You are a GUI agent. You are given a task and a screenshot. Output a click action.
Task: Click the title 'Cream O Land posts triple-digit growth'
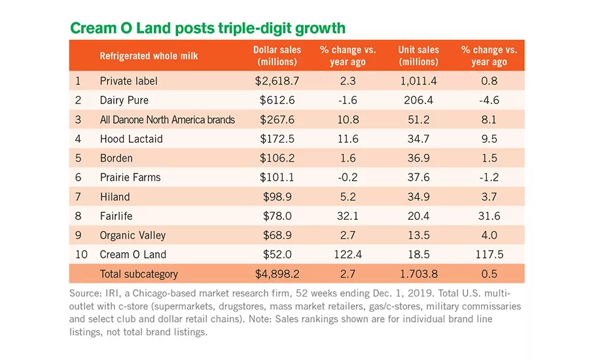coord(207,28)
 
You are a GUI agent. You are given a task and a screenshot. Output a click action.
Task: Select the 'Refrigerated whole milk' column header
coord(149,56)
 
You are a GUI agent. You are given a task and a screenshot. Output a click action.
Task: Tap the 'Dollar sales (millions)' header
coord(277,56)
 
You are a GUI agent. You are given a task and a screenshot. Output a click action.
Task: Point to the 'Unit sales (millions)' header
coord(418,56)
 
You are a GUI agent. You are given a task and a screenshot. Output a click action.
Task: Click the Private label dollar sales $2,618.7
coord(277,81)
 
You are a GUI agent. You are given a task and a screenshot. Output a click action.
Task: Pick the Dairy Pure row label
coord(124,100)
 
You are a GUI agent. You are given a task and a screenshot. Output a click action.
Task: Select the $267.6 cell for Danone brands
coord(277,120)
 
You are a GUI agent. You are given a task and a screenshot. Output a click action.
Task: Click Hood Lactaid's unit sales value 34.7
coord(418,139)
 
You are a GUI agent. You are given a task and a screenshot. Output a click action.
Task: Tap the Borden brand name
coord(116,158)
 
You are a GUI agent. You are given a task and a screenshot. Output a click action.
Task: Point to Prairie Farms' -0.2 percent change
coord(348,177)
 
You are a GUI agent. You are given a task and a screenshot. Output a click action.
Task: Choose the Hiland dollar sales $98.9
coord(277,196)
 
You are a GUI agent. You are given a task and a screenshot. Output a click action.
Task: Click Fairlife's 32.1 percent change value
coord(348,216)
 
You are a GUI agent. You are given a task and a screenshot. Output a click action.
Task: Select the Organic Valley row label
coord(133,236)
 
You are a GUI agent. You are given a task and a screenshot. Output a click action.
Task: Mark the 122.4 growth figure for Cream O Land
coord(348,255)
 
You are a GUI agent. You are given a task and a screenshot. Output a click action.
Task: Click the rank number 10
coord(81,255)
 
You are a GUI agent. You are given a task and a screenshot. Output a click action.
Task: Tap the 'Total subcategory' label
coord(139,274)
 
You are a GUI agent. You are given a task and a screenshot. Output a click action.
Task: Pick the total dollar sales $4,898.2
coord(277,274)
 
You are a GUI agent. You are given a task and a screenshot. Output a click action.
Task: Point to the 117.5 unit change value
coord(489,255)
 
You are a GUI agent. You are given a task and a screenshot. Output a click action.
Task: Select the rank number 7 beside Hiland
coord(78,197)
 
